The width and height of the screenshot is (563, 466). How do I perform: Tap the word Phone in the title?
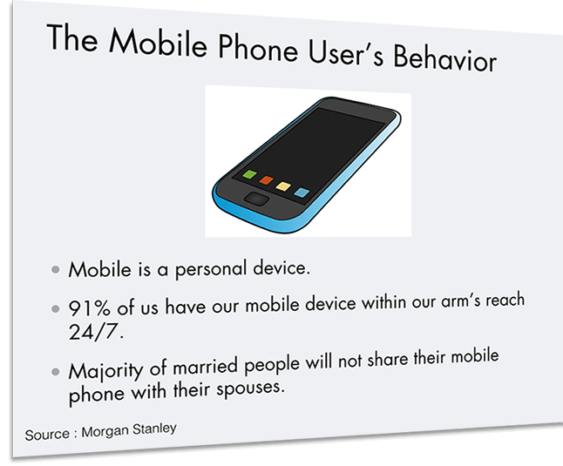click(258, 47)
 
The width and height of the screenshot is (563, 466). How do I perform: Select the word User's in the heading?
click(345, 53)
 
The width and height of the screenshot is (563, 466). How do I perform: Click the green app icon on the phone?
click(249, 175)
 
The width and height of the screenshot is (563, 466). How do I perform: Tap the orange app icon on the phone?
click(267, 179)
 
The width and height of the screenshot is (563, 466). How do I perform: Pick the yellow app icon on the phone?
click(283, 186)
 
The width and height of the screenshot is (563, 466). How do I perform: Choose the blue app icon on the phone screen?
click(302, 192)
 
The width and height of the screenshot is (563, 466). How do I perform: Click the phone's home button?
click(256, 199)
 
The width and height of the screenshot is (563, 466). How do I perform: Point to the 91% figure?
click(89, 307)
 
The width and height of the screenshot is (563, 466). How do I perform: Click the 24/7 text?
click(96, 332)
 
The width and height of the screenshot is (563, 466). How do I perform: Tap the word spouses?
click(250, 388)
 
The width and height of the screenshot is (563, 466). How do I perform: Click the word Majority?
click(105, 370)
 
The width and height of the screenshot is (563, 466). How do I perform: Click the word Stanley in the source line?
click(154, 429)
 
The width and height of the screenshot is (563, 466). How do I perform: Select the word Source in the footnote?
click(47, 435)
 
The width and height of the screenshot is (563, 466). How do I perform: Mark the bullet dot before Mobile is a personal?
click(55, 269)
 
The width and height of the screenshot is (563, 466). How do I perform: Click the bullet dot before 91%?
click(55, 308)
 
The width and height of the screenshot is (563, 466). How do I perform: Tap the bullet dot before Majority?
click(55, 372)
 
